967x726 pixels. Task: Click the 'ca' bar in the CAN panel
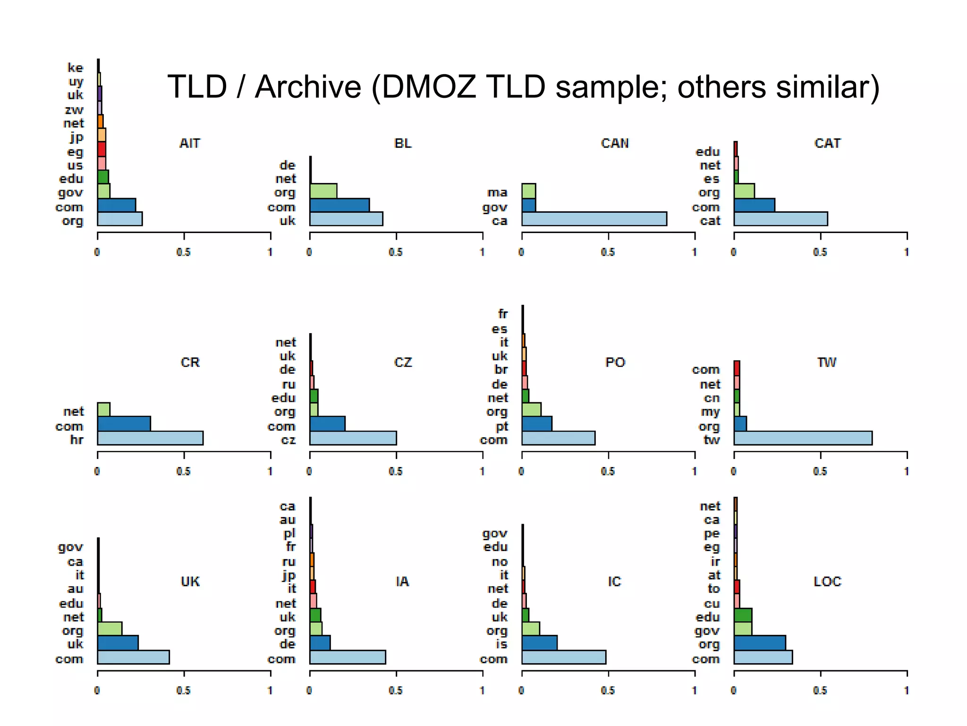(x=594, y=219)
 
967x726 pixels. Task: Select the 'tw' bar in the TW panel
(x=803, y=438)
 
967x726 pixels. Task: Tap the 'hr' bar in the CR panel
(x=150, y=438)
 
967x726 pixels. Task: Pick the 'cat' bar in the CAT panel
(x=780, y=219)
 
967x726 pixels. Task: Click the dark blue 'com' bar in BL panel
(x=339, y=205)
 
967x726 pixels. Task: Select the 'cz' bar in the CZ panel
(x=353, y=438)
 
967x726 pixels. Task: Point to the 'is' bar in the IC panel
(x=539, y=643)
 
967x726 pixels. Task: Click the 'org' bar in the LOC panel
(x=759, y=643)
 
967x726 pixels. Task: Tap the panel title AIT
(x=190, y=143)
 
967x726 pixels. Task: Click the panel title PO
(x=615, y=363)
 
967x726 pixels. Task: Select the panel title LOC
(x=827, y=581)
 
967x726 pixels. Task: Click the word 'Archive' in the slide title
(x=308, y=87)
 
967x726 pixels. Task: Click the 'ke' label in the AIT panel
(x=75, y=68)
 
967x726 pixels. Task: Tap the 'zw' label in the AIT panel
(x=74, y=110)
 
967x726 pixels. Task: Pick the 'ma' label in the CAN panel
(x=497, y=192)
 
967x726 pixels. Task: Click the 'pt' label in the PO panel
(x=501, y=426)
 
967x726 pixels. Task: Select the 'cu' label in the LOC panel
(x=712, y=604)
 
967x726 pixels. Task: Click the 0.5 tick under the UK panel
(x=183, y=690)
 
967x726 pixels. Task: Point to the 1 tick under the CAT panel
(x=906, y=252)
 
